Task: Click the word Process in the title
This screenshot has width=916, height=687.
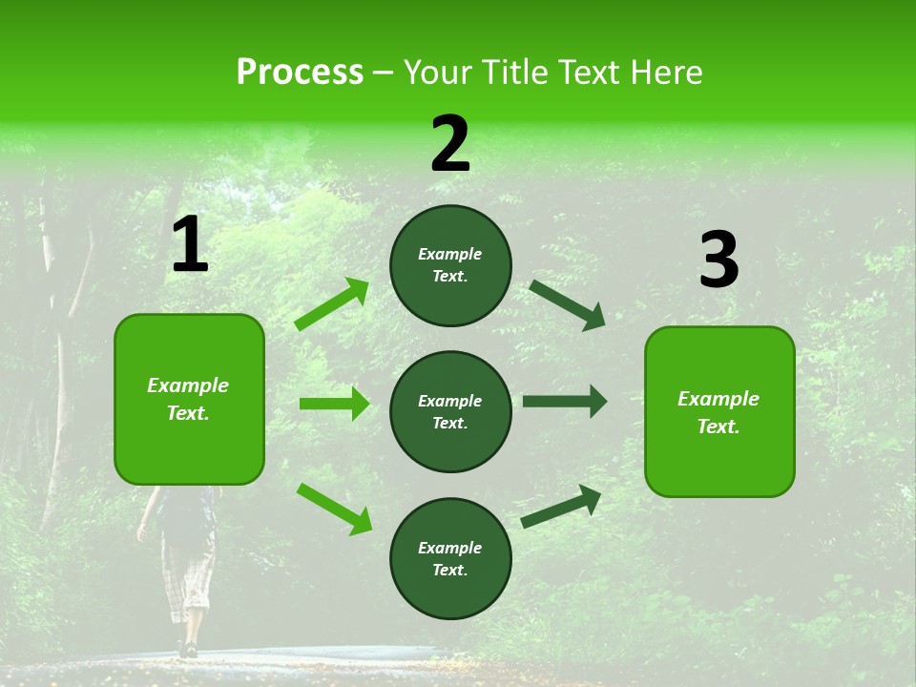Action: coord(300,73)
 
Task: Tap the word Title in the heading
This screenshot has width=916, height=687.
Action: coord(513,73)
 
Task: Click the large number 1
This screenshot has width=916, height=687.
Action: coord(190,245)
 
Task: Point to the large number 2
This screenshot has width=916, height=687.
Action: coord(450,144)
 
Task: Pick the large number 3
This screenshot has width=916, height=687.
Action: coord(719,260)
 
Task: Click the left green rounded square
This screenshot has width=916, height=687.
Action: coord(189,399)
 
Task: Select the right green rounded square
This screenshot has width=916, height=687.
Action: coord(719,412)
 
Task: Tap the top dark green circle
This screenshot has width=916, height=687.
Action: coord(450,265)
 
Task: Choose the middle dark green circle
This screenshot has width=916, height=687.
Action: coord(450,411)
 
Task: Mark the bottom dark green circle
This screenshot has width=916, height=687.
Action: coord(450,558)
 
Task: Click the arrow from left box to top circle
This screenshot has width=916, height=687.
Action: coord(332,304)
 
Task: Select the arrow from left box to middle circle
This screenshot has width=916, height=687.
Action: coord(334,404)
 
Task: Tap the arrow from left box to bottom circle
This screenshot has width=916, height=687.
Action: coord(334,508)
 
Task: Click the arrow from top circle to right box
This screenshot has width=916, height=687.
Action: coord(567,304)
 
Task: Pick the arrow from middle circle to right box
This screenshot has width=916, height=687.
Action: coord(564,402)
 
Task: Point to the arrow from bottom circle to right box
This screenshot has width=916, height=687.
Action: coord(561,507)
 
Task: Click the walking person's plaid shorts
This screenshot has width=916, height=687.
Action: coord(187,572)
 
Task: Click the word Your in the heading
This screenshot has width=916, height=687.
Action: coord(438,73)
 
